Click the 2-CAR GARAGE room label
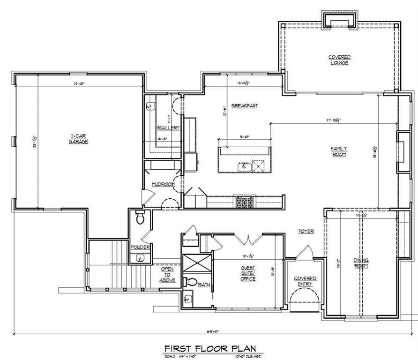point(78,139)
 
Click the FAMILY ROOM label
point(339,151)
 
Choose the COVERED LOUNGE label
point(339,60)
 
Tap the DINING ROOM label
point(361,263)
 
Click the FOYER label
point(306,232)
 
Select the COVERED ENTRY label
point(305,281)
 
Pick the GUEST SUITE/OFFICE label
point(248,273)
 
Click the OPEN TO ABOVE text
point(168,275)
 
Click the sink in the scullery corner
point(150,106)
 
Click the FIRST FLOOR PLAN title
point(210,349)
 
